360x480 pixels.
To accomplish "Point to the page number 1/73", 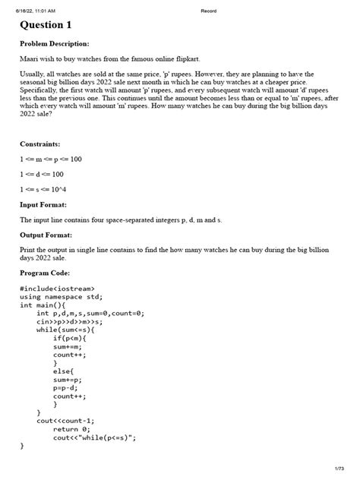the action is click(x=339, y=470).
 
